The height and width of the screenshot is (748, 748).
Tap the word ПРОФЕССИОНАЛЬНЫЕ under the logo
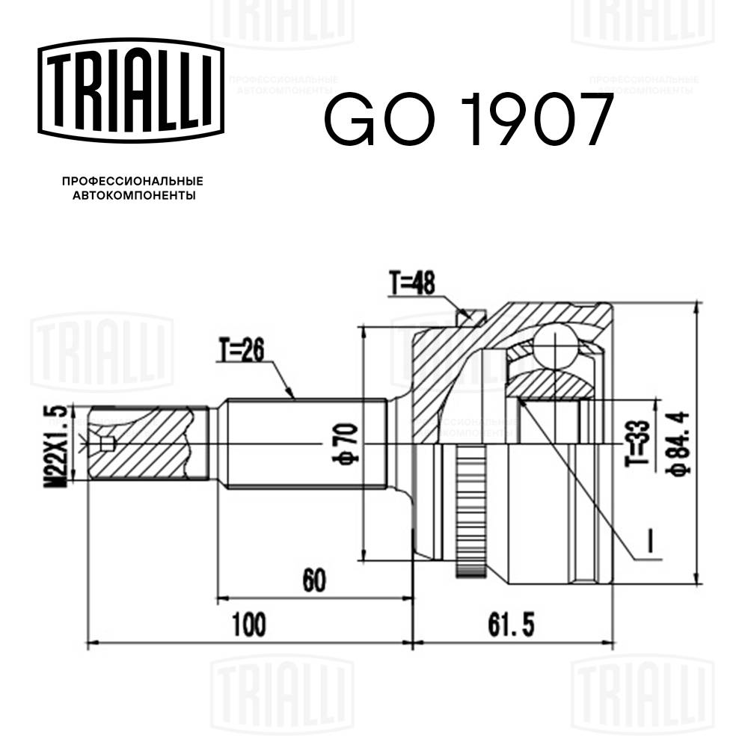[x=132, y=181]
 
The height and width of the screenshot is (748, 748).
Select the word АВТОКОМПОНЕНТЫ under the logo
[x=132, y=196]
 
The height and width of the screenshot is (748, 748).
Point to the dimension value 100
[x=249, y=624]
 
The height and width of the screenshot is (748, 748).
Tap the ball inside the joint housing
[x=557, y=345]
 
